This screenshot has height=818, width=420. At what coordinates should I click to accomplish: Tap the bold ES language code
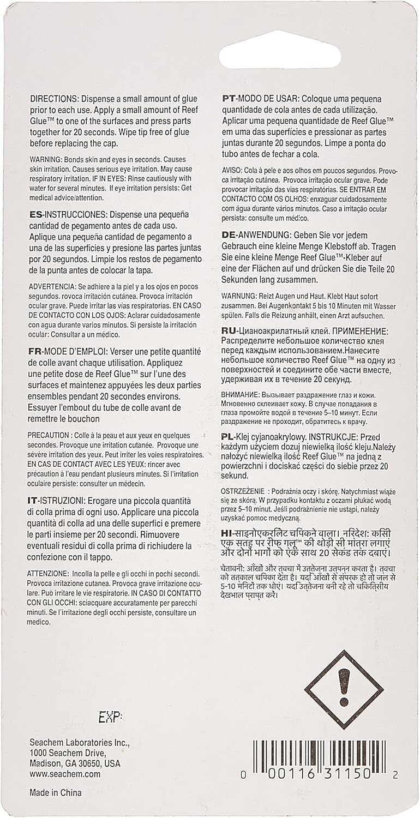[35, 215]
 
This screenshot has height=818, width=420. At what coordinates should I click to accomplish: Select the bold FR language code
[35, 351]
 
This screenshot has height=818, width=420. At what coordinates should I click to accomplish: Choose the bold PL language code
[229, 437]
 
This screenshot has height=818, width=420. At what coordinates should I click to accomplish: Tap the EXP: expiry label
[111, 717]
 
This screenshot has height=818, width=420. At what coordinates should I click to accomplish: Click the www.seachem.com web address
[65, 774]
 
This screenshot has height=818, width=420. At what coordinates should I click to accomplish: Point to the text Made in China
[55, 792]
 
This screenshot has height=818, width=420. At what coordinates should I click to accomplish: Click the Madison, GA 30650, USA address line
[75, 763]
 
